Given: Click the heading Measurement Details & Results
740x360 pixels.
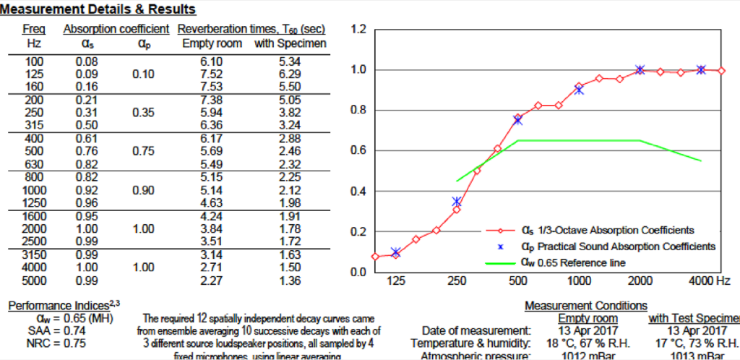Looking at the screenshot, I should click(x=98, y=10).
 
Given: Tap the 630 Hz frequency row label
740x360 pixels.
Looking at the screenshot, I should click(x=35, y=163).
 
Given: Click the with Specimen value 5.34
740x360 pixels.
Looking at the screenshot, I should click(x=289, y=62).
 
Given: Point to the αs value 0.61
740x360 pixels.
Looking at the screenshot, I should click(x=87, y=139).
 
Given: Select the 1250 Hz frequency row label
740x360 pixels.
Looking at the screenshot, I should click(x=35, y=202).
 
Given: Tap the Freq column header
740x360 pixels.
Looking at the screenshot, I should click(x=34, y=30).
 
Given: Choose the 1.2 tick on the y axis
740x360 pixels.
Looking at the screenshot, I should click(x=358, y=30).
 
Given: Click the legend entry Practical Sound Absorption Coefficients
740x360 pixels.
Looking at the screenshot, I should click(x=618, y=247).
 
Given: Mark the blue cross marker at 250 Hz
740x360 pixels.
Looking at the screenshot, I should click(x=457, y=202).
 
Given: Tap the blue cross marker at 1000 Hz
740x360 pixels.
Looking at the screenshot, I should click(x=579, y=90).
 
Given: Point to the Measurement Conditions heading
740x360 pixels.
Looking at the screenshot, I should click(x=585, y=307).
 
